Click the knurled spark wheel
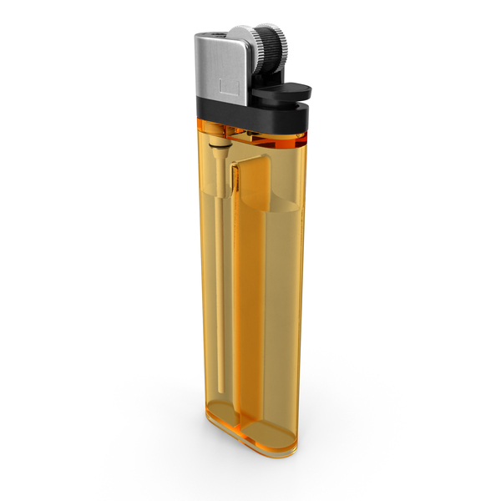tap(269, 46)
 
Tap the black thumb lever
tap(284, 94)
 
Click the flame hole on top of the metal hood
tap(215, 33)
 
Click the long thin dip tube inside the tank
tap(219, 250)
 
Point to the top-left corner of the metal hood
tap(197, 38)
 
